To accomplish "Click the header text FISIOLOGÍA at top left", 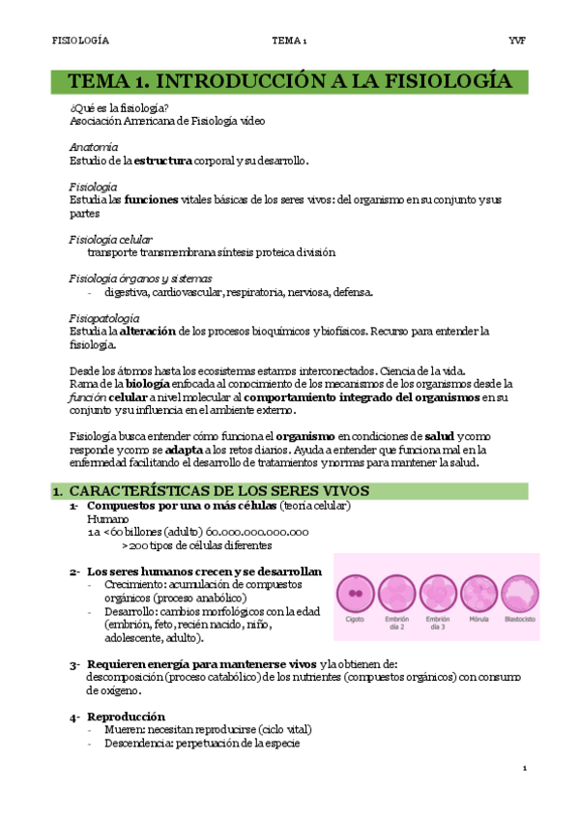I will (79, 41).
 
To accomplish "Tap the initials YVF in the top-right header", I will (516, 41).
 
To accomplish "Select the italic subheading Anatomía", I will (94, 147).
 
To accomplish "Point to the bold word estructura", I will (163, 160).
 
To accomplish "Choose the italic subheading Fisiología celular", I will (110, 239).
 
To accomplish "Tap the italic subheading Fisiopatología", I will (104, 318).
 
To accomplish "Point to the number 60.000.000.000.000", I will (257, 531).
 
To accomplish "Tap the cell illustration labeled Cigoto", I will (356, 593).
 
